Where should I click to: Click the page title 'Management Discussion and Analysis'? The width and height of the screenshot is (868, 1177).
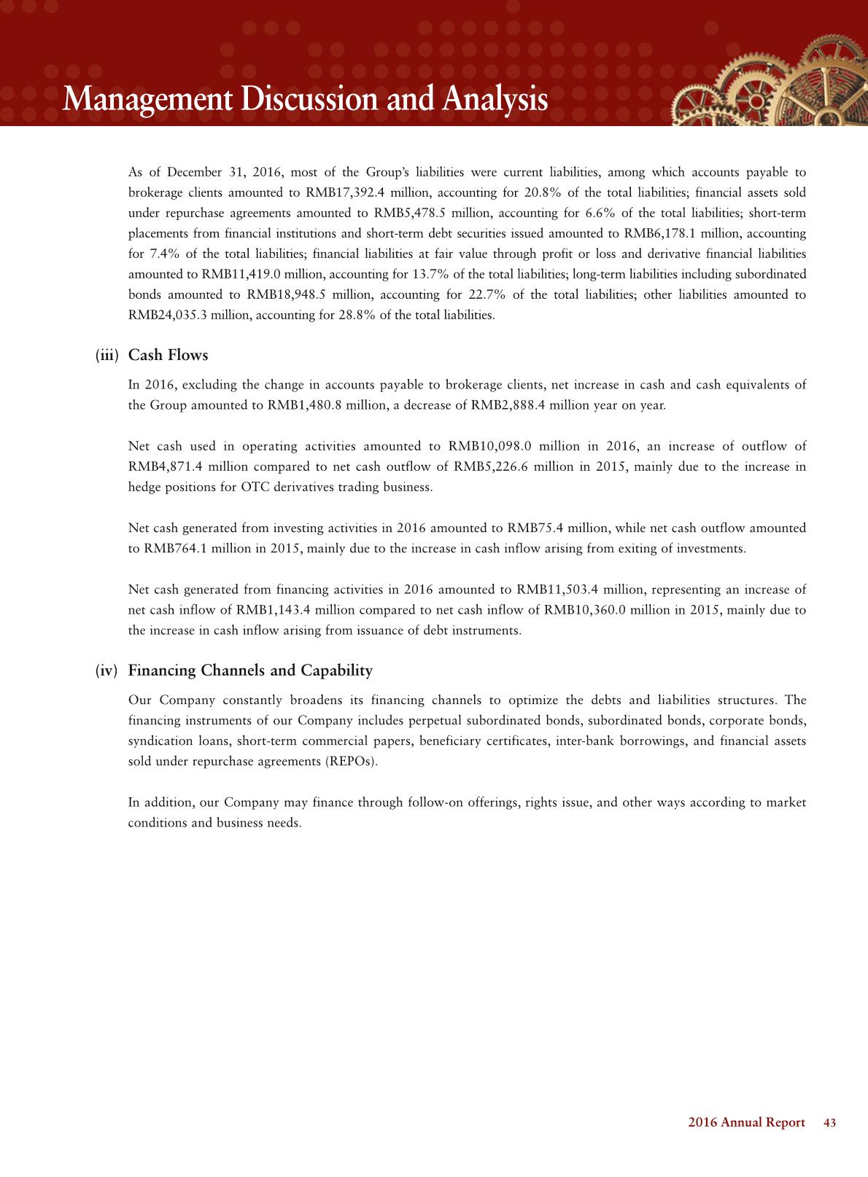[305, 100]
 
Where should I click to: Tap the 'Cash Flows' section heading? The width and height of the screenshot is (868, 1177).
[168, 356]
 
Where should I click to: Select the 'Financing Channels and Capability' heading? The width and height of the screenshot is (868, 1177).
[250, 670]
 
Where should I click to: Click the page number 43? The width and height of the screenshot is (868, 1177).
[829, 1123]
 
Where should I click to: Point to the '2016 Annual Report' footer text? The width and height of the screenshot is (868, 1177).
[747, 1123]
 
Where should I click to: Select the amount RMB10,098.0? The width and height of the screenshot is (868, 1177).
[487, 446]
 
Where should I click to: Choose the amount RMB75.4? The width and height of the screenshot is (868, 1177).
[536, 528]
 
